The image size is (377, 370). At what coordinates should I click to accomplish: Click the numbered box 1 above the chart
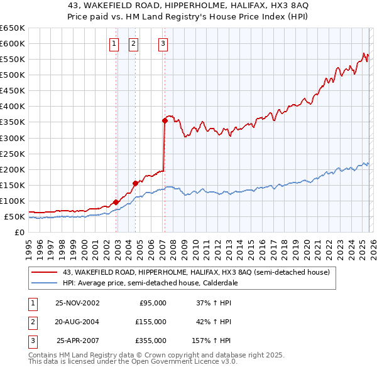[114, 43]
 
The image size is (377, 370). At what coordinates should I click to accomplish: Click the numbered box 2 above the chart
[134, 43]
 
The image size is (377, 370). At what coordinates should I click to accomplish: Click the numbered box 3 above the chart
[163, 43]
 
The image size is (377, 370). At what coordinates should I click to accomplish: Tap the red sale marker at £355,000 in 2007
[165, 120]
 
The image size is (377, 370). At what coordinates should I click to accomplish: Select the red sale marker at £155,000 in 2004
[135, 183]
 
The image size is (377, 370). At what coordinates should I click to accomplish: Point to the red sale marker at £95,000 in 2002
[116, 202]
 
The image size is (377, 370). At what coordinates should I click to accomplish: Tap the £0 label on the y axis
[19, 233]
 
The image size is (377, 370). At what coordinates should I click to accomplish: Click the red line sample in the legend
[45, 272]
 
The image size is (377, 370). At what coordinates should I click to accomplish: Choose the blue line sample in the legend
[45, 283]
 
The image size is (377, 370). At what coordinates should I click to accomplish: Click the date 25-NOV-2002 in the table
[77, 303]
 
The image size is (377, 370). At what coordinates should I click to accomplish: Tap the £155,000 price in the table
[151, 322]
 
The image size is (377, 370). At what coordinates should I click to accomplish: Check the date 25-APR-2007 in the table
[77, 341]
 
